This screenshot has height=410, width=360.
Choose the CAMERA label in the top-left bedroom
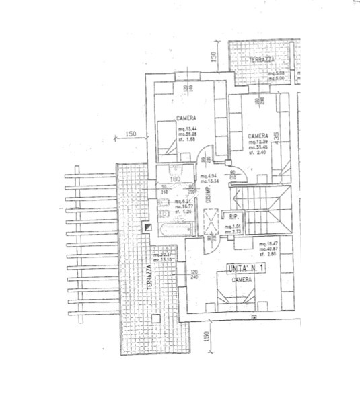(x=186, y=118)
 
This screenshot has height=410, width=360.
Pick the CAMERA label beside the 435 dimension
(x=258, y=134)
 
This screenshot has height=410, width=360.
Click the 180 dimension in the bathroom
(x=174, y=179)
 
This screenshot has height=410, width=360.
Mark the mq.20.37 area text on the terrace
(x=163, y=255)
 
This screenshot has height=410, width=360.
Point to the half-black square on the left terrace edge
(x=147, y=227)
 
